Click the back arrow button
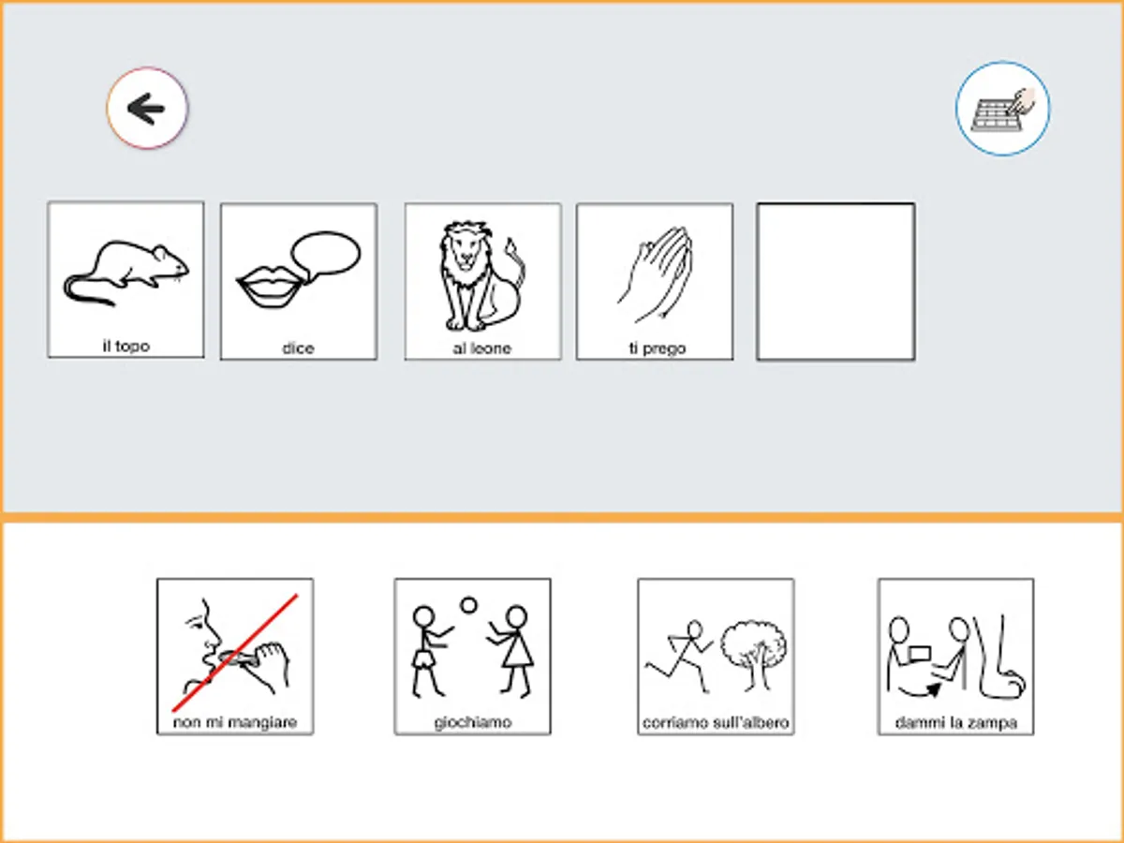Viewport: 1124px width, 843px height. click(147, 108)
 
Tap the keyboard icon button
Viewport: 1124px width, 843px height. click(1002, 109)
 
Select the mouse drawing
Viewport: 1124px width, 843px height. click(126, 273)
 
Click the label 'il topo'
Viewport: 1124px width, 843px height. click(126, 347)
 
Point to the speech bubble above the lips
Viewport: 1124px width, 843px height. click(326, 255)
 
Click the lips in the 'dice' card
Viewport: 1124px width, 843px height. click(270, 288)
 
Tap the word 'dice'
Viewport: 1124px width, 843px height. click(298, 348)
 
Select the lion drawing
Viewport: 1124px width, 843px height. click(481, 275)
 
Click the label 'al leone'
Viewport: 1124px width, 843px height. click(481, 348)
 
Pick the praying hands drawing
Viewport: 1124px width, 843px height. click(656, 274)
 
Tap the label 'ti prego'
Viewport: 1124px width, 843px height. click(657, 348)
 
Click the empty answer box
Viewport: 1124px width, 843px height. click(836, 282)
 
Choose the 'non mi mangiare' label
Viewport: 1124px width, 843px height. click(235, 722)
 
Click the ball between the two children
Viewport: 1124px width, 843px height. click(468, 605)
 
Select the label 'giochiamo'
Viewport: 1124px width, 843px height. click(473, 722)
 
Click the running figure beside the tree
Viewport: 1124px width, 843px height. click(679, 656)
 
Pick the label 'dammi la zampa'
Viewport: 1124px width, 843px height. click(956, 723)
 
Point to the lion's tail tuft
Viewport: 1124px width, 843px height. click(511, 248)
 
